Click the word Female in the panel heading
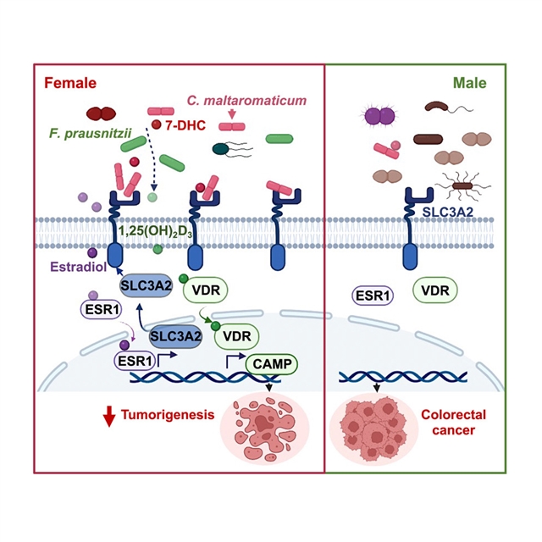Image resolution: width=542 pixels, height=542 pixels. click(69, 83)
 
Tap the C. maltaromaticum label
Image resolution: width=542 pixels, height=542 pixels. click(246, 102)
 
